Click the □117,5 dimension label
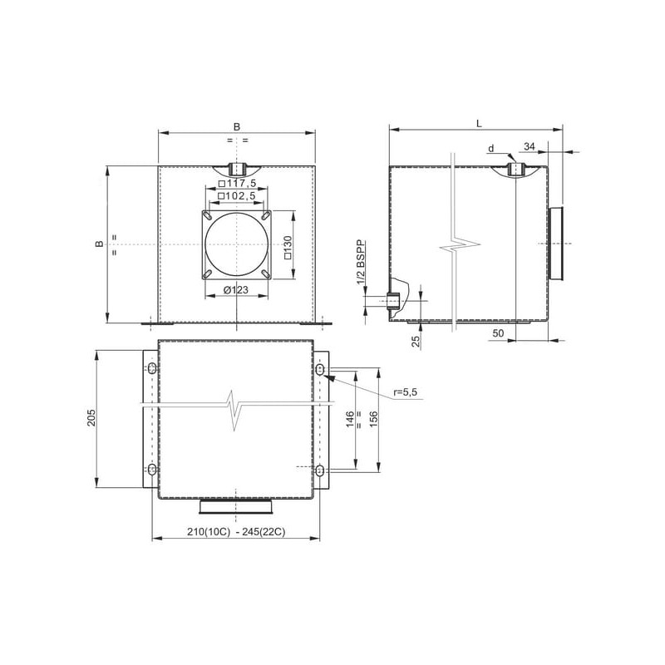[x=237, y=184]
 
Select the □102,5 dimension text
[x=237, y=196]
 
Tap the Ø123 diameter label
[x=236, y=290]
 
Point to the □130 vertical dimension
[x=288, y=247]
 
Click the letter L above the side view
[x=479, y=124]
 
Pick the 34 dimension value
[x=530, y=146]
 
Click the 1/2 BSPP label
[x=361, y=262]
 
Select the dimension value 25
[x=416, y=341]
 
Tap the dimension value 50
[x=498, y=333]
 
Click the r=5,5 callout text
[x=406, y=392]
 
